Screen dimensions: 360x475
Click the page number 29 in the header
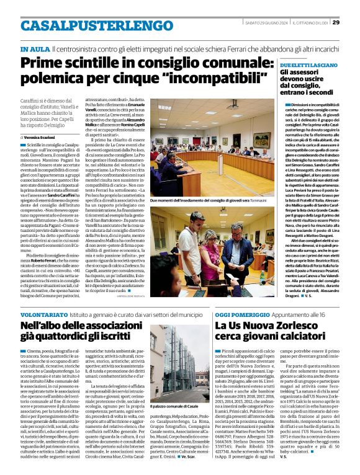click(351, 24)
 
